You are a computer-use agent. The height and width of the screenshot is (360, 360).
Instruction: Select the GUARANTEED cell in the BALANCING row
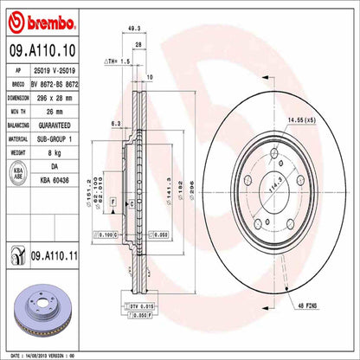point(67,124)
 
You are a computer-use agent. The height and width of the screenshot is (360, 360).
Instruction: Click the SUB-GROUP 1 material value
point(67,136)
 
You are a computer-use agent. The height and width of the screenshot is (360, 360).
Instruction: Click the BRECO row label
point(18,85)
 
